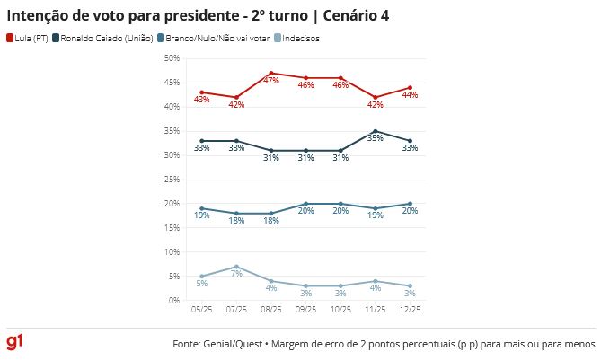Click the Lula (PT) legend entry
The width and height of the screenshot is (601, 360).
pos(28,38)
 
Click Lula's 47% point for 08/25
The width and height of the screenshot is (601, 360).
pos(271,73)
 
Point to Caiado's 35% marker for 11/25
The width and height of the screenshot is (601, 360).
pos(376,131)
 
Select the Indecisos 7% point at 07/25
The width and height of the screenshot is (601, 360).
pos(236,267)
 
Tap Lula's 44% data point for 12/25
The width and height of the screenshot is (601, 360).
pos(410,87)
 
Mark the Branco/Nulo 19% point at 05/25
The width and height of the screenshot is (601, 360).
pos(202,208)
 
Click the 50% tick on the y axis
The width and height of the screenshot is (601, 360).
pos(171,58)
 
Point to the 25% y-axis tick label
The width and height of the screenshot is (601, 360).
pos(171,180)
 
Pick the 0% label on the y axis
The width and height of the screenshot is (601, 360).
pos(173,301)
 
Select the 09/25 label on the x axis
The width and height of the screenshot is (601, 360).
pos(305,311)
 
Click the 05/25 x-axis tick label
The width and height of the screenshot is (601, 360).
pos(202,311)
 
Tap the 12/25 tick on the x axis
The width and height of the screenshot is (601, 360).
pos(410,311)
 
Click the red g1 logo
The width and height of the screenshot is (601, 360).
pos(14,343)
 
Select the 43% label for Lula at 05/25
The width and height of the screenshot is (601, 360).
pos(202,100)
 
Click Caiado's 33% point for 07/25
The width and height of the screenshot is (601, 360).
pos(236,141)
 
